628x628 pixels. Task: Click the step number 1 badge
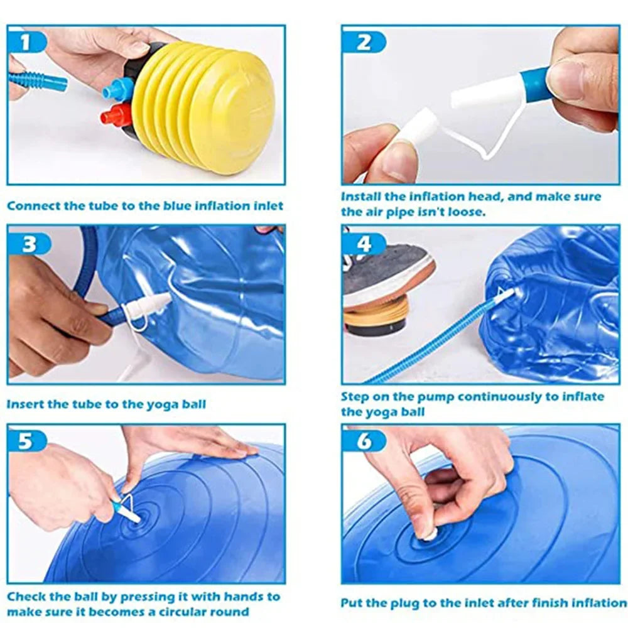(x=26, y=41)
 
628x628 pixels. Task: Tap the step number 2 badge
(x=363, y=41)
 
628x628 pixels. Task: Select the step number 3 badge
(x=29, y=244)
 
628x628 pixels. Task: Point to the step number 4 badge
(x=364, y=244)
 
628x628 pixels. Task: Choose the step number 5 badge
(x=26, y=441)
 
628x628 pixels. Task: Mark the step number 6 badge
(x=363, y=441)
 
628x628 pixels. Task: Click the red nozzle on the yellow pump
(x=113, y=114)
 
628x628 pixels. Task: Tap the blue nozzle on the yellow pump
(x=116, y=87)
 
